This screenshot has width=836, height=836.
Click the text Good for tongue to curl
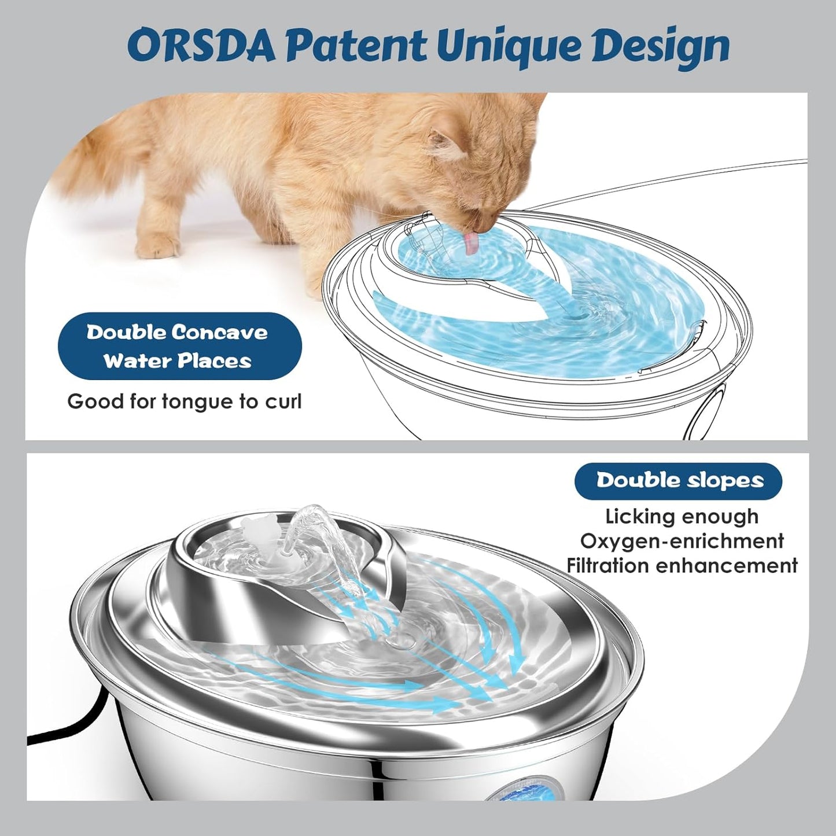[185, 402]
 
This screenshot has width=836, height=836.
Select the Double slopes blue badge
[679, 481]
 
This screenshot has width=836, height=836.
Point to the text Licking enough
[682, 516]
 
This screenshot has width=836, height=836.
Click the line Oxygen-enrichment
[682, 542]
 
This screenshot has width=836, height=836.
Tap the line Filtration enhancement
[682, 565]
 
